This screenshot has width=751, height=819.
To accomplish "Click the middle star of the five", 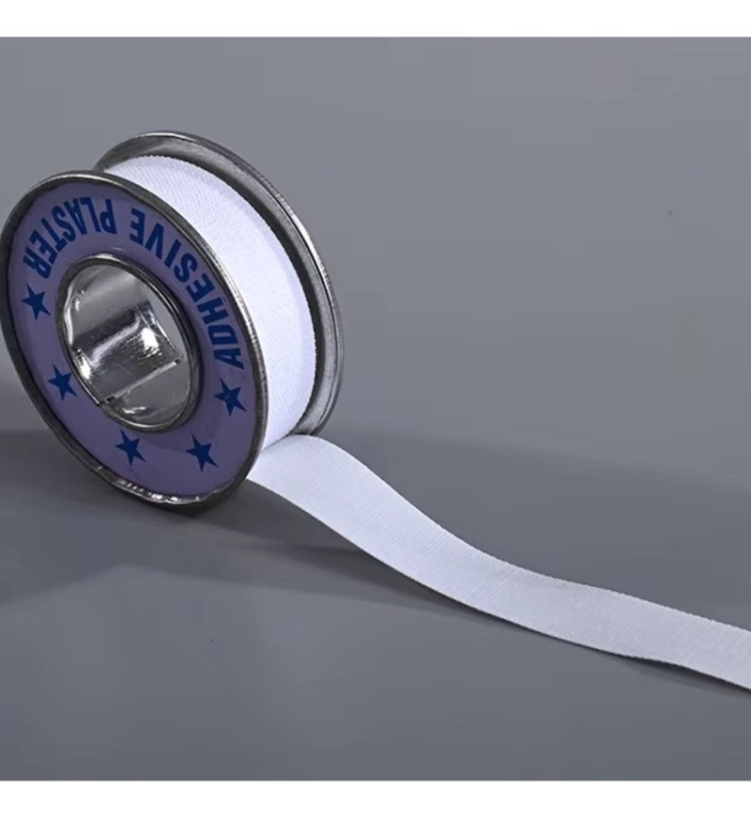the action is point(130,446).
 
